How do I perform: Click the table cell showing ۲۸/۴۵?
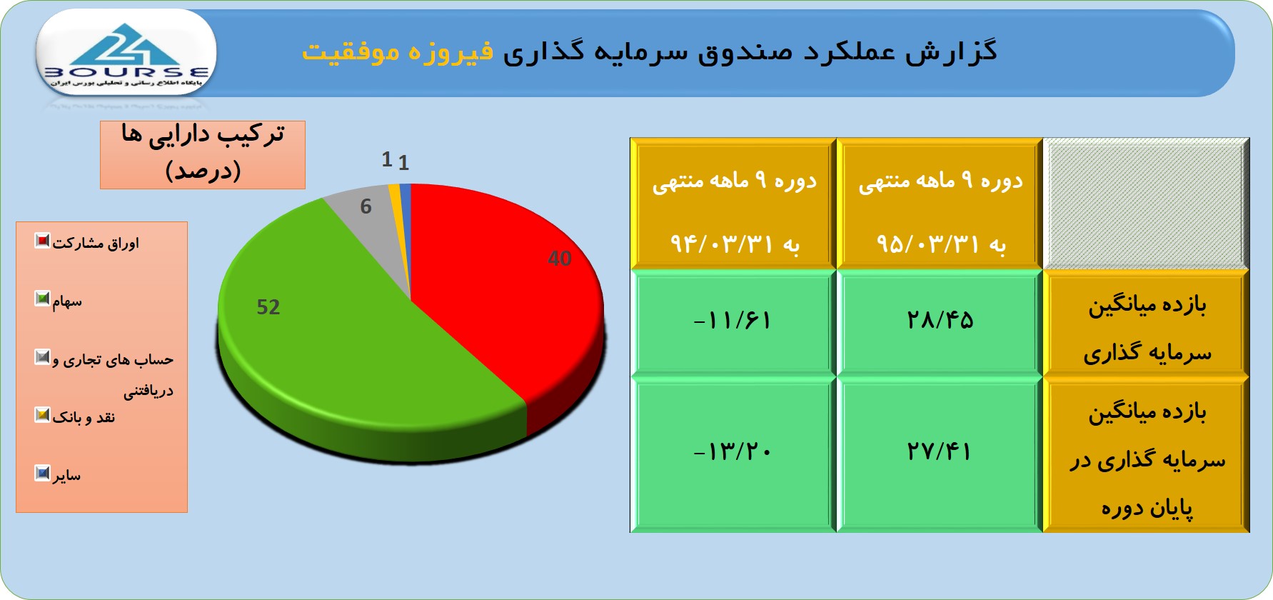(940, 322)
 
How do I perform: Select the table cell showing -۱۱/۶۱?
(733, 322)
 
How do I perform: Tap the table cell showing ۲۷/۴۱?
(940, 454)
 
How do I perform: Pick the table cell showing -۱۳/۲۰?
(733, 454)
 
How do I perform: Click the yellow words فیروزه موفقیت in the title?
(398, 52)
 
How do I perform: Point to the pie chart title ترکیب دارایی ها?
(203, 134)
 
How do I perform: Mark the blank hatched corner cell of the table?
(1146, 204)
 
